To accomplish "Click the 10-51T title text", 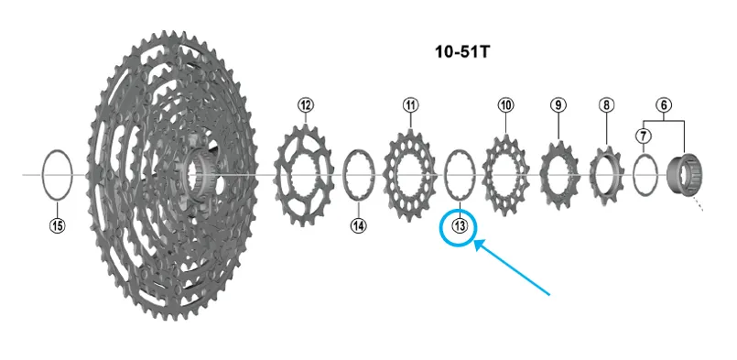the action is tap(462, 51).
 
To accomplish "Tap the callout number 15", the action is tap(58, 226).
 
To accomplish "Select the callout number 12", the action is tap(306, 105).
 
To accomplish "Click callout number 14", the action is tap(359, 226).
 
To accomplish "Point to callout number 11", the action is tap(411, 105).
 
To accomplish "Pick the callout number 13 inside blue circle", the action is tap(460, 226).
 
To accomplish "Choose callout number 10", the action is tap(505, 105).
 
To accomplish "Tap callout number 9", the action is tap(558, 105).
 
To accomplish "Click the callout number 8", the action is tap(606, 105).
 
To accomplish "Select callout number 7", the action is tap(643, 136).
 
